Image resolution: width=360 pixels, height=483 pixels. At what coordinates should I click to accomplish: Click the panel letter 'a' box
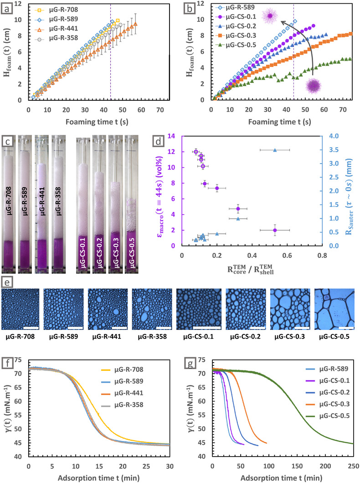click(7, 9)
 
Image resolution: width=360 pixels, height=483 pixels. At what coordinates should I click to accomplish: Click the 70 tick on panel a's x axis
click(160, 110)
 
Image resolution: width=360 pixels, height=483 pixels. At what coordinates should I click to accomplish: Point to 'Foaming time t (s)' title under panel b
click(280, 122)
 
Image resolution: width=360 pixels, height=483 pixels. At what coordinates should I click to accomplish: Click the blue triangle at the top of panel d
click(275, 150)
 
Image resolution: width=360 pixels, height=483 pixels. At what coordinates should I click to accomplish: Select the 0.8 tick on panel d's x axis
click(323, 255)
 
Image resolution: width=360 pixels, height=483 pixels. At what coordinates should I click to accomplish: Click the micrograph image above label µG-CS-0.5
click(334, 309)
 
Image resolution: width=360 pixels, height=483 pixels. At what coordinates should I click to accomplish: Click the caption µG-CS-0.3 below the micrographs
click(289, 337)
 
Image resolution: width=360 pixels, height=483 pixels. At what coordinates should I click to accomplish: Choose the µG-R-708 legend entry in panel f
click(122, 370)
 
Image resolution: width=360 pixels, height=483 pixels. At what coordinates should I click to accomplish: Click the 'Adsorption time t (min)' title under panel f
click(98, 478)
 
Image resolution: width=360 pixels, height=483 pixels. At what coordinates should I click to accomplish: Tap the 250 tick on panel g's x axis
click(354, 466)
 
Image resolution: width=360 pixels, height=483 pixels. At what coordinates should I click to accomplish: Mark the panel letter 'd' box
click(159, 141)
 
